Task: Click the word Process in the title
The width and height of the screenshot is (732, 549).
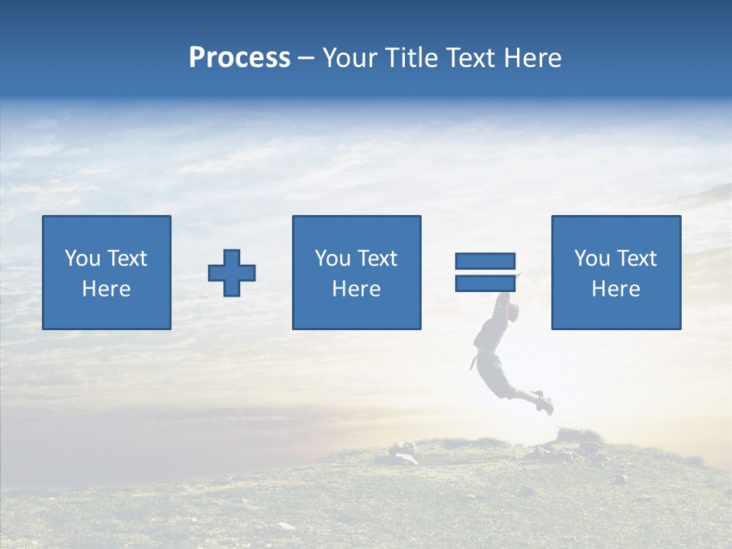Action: [x=239, y=58]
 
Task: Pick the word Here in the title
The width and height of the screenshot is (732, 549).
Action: [x=533, y=58]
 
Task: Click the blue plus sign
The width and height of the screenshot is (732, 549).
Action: [x=232, y=273]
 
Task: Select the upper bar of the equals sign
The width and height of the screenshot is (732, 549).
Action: [x=485, y=262]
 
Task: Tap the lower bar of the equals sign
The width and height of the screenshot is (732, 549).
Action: [x=485, y=283]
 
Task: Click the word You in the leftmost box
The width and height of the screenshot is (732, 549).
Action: [x=82, y=258]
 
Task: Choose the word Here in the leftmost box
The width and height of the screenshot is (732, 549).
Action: [x=106, y=289]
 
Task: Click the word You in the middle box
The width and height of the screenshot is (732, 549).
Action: [x=332, y=258]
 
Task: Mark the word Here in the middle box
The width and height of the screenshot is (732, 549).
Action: [x=356, y=289]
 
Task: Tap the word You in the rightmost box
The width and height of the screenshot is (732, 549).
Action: [x=592, y=258]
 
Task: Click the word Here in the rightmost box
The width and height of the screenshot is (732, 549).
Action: [x=615, y=289]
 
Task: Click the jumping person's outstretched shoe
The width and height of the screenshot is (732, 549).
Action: [x=544, y=403]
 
